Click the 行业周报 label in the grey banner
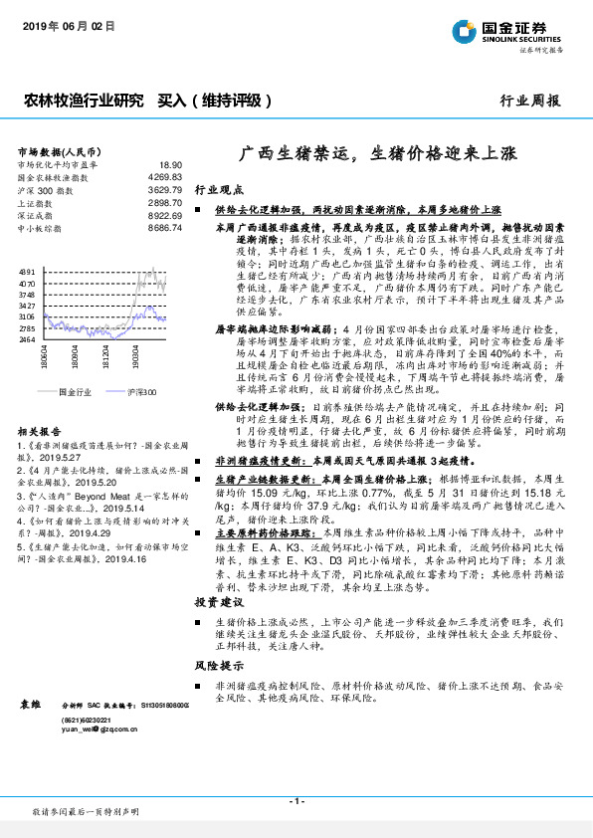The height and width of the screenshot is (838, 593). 529,101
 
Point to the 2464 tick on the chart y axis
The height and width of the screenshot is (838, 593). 28,339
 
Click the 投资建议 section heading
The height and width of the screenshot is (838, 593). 218,602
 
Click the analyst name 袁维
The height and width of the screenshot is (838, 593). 29,704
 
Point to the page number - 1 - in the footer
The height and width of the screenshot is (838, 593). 296,801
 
